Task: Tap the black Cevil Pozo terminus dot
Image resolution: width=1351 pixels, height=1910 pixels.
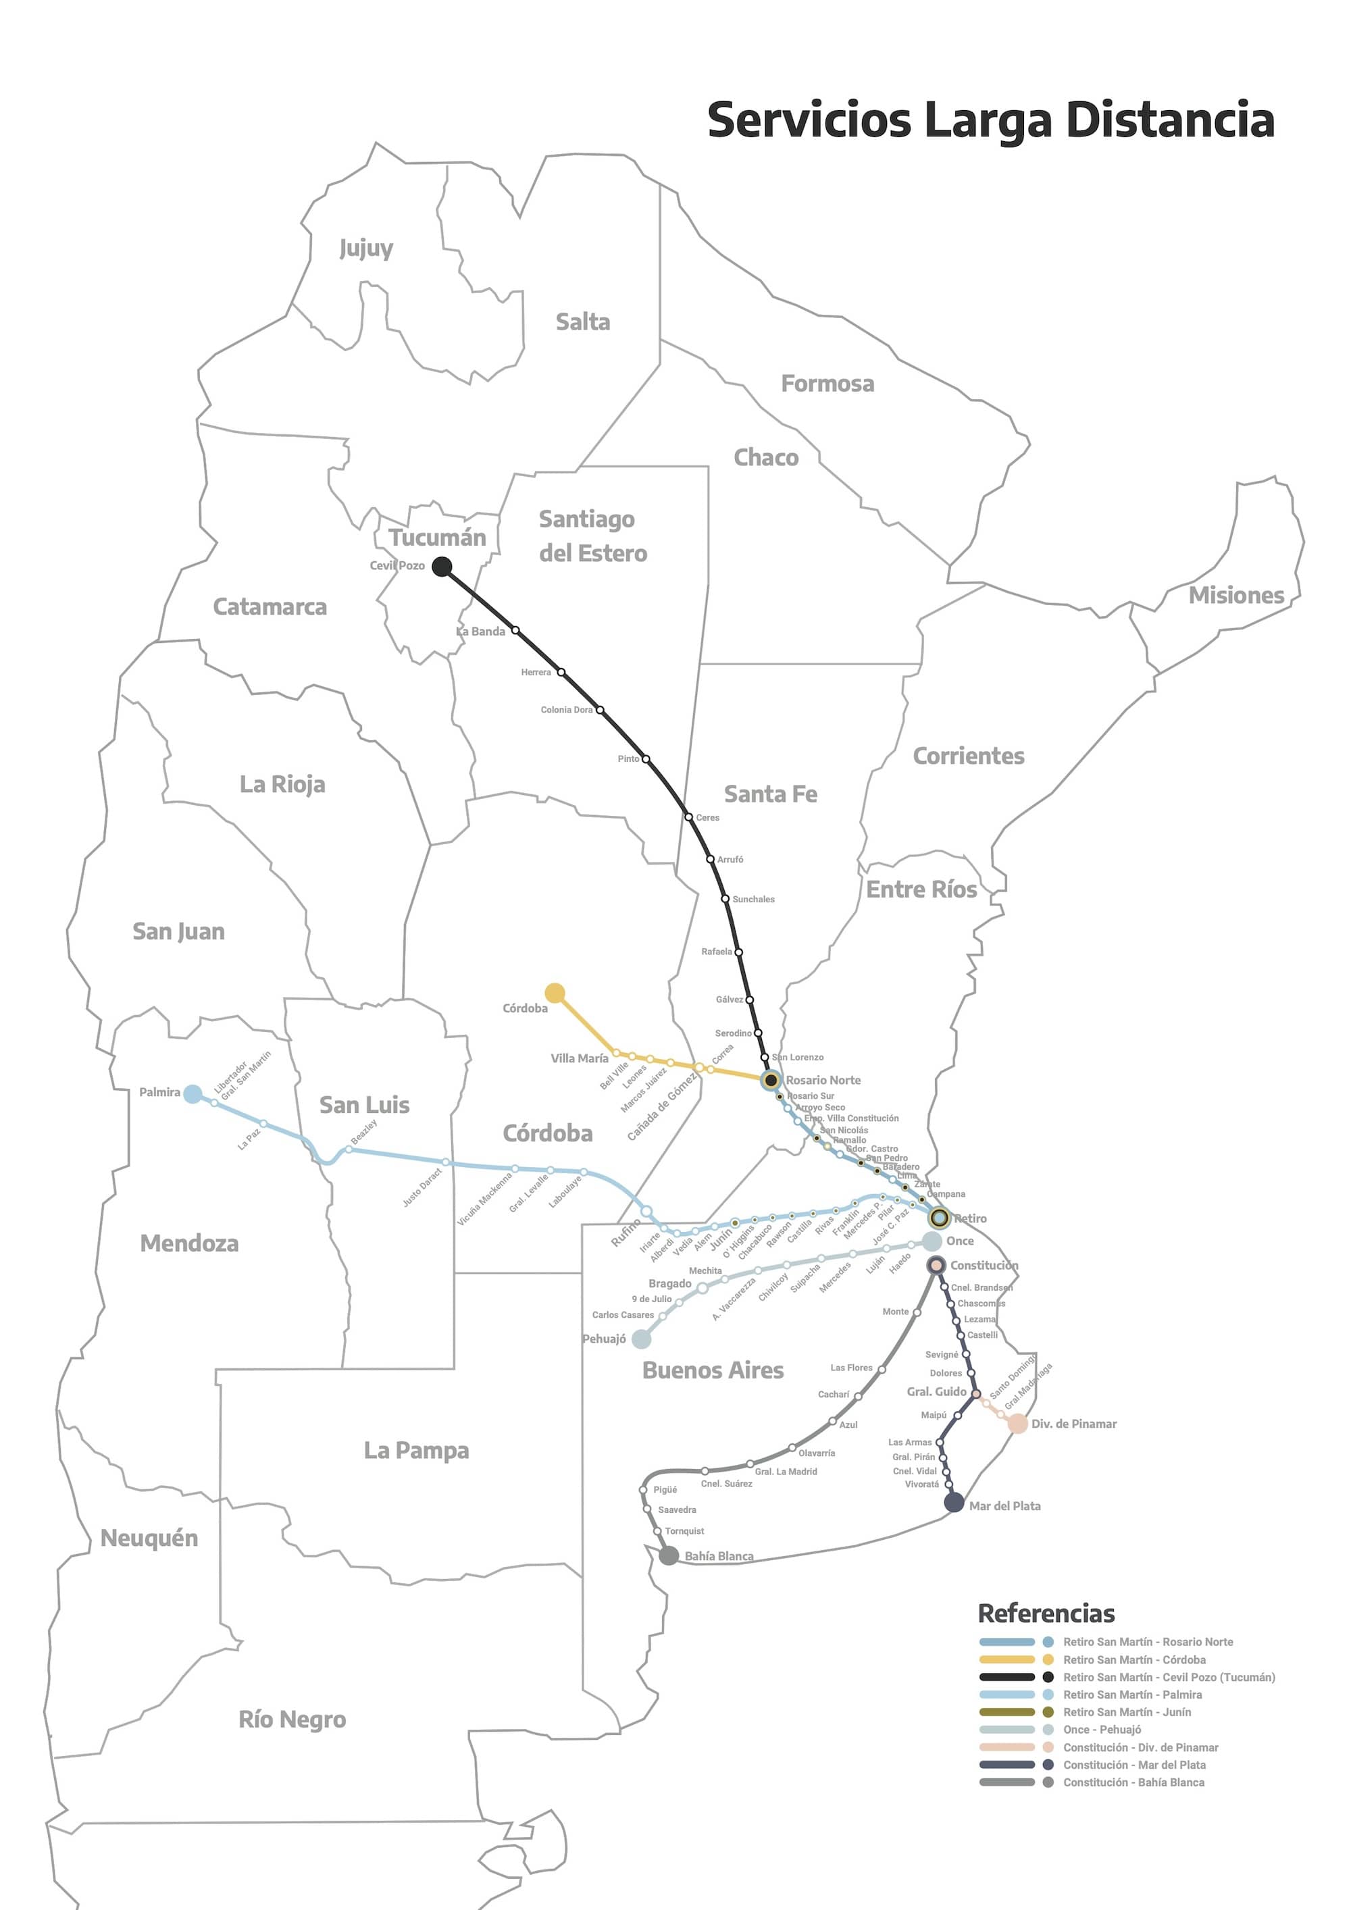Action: coord(442,567)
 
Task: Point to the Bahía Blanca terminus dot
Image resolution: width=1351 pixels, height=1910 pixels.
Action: coord(668,1555)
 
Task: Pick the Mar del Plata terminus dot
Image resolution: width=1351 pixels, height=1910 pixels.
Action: coord(954,1501)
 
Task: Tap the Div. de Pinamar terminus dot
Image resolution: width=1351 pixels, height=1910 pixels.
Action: coord(1017,1423)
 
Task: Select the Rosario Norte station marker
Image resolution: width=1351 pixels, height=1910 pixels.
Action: coord(771,1080)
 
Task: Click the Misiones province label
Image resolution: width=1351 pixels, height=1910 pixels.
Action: coord(1236,596)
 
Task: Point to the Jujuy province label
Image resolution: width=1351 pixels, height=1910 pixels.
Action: coord(366,248)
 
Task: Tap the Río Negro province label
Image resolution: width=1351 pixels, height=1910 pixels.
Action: coord(292,1719)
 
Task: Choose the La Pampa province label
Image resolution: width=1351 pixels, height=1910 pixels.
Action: coord(416,1450)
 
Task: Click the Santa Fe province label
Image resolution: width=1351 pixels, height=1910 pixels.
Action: coord(770,794)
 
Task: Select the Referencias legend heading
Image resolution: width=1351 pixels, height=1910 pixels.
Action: coord(1046,1613)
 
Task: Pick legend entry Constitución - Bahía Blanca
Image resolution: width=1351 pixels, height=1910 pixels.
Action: coord(1133,1781)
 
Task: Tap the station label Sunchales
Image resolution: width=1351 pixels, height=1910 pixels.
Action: coord(753,899)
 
